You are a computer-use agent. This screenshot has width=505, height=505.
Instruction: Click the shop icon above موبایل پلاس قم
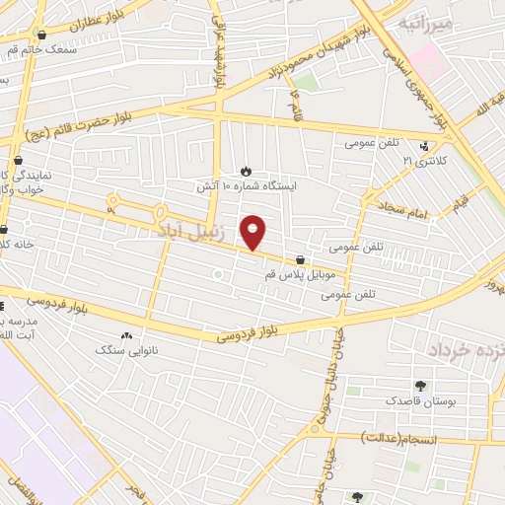click(x=299, y=261)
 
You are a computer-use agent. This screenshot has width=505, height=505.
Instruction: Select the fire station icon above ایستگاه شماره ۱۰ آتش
click(x=246, y=171)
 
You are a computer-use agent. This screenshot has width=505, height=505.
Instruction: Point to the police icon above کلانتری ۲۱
click(x=424, y=145)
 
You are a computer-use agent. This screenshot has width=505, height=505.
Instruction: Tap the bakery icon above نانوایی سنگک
click(x=126, y=336)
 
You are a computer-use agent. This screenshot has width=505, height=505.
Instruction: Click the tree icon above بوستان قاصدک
click(x=421, y=387)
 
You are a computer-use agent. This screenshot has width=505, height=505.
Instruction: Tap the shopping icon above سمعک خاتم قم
click(x=41, y=35)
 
